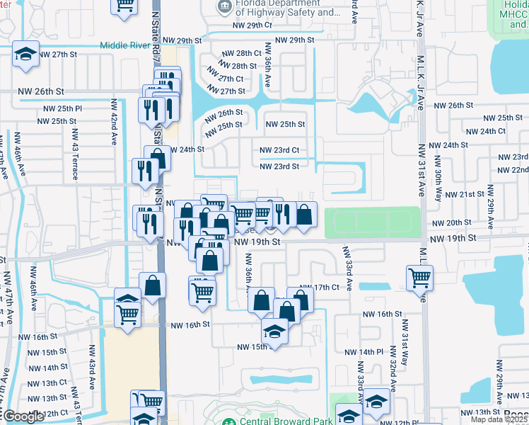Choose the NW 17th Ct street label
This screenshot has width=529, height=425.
pos(332,287)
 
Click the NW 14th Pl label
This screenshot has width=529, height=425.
pos(364,352)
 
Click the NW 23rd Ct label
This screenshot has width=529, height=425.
pos(279,150)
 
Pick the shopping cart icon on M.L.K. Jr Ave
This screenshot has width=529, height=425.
pos(419,277)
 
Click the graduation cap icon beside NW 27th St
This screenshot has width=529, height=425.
pos(25,55)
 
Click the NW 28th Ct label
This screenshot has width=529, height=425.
pos(242,53)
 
